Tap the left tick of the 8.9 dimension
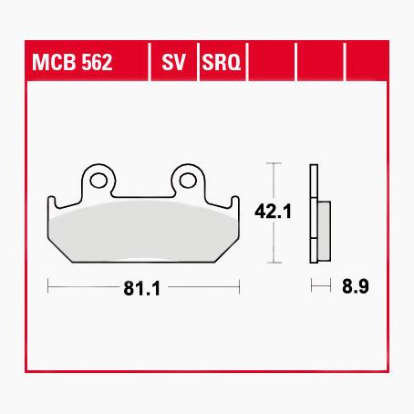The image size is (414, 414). coord(312,286)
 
